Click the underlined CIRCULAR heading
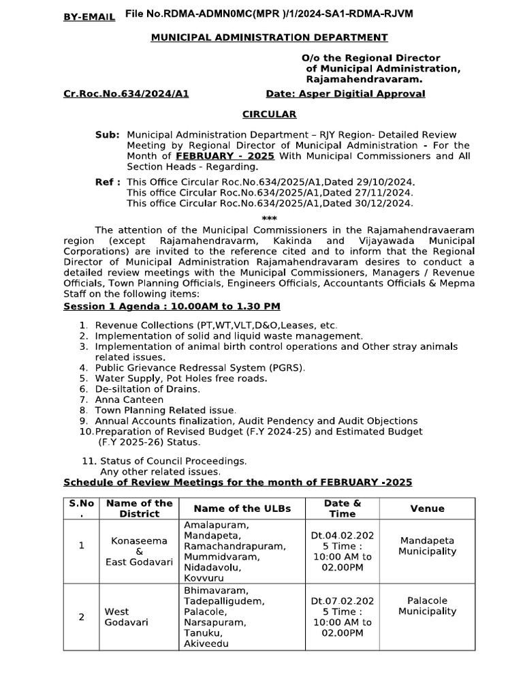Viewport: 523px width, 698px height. point(270,114)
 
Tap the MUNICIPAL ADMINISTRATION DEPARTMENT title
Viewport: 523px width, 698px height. point(269,37)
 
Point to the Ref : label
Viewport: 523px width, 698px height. point(108,183)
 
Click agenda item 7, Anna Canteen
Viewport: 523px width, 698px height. point(129,399)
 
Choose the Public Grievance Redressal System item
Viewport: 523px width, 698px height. point(200,367)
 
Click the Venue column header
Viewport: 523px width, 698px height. point(427,509)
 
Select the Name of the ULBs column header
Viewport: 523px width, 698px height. point(242,509)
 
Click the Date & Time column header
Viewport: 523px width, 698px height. point(343,509)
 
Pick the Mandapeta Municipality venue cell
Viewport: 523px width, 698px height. point(427,546)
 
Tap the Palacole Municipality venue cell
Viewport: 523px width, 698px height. point(427,606)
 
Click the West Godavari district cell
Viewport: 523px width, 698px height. point(117,617)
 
